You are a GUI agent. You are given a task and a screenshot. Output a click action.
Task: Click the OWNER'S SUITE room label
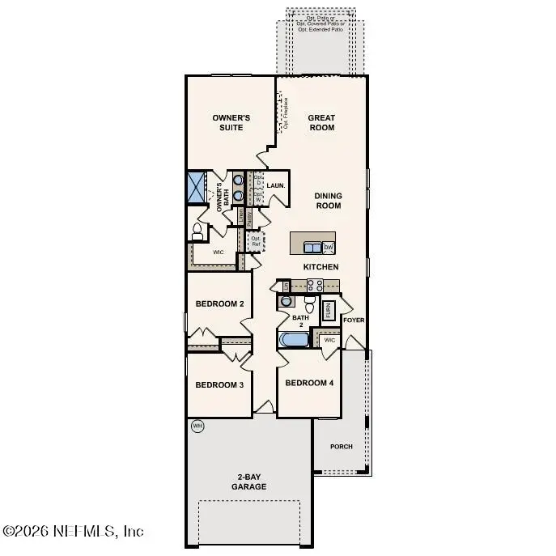pos(231,122)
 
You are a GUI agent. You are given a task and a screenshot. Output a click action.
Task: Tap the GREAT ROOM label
pos(321,122)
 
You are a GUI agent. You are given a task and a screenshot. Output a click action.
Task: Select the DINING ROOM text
pos(328,201)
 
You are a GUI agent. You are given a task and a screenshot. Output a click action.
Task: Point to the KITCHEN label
pos(320,267)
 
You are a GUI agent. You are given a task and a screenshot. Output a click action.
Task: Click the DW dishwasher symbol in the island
pos(329,247)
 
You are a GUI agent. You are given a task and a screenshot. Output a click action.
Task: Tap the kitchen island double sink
pos(311,247)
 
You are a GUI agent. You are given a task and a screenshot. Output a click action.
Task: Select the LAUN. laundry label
pos(275,185)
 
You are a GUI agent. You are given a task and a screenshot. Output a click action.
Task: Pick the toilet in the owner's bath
pos(197,232)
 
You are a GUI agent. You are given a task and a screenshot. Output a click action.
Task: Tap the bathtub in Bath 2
pos(293,339)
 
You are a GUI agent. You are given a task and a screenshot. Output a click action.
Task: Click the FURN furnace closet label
pos(329,309)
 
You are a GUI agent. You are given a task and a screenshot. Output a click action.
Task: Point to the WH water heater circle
pos(197,426)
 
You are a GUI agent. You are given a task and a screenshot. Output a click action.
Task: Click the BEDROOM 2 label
pos(219,304)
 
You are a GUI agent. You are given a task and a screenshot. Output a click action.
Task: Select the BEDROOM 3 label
pos(219,384)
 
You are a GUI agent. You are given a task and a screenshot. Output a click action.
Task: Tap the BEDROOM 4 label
pos(309,383)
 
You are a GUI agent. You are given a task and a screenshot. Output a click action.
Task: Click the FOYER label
pos(354,320)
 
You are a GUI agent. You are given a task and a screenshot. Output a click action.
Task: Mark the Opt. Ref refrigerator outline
pos(256,240)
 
